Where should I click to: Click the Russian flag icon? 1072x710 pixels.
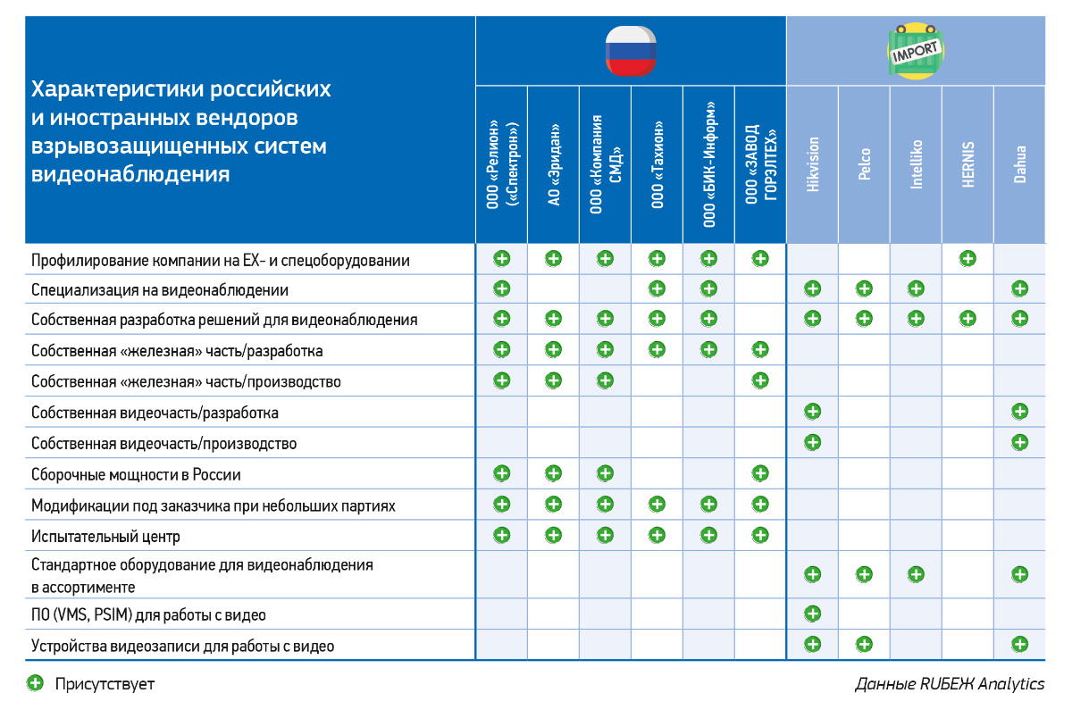click(x=631, y=50)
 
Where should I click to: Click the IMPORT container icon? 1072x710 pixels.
click(x=916, y=52)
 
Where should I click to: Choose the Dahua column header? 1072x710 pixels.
click(x=1019, y=164)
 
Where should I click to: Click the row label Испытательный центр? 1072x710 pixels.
click(x=105, y=537)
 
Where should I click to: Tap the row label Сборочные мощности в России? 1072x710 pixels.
click(x=136, y=474)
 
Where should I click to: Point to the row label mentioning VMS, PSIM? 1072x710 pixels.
click(x=148, y=614)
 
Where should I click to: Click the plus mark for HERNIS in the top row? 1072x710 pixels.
click(x=967, y=259)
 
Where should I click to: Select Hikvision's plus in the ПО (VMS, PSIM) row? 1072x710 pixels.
click(x=812, y=614)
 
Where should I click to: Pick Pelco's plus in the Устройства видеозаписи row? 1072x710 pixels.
click(x=864, y=644)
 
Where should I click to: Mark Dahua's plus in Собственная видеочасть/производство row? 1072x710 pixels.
click(x=1019, y=442)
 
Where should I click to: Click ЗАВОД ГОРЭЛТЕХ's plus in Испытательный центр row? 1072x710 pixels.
click(x=760, y=535)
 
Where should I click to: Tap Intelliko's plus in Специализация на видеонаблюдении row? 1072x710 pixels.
click(x=916, y=288)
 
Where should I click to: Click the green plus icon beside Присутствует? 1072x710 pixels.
click(x=35, y=684)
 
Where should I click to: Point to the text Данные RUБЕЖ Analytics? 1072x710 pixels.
click(x=950, y=684)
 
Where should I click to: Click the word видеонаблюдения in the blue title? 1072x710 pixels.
click(x=130, y=173)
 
